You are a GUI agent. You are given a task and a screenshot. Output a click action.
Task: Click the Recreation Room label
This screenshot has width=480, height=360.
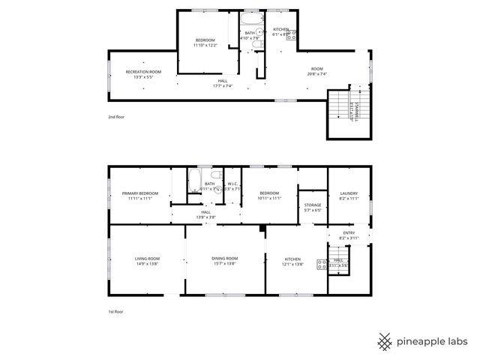click(x=139, y=71)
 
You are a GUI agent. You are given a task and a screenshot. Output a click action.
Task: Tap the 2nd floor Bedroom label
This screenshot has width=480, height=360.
click(x=205, y=40)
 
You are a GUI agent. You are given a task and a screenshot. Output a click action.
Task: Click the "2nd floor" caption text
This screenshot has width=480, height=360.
click(x=116, y=118)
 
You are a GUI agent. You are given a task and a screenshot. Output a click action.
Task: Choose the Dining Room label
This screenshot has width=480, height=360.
click(x=225, y=258)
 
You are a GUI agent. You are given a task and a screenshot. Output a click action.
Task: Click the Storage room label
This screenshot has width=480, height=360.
click(x=313, y=205)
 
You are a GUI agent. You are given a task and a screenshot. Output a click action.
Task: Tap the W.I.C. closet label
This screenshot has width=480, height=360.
click(x=232, y=184)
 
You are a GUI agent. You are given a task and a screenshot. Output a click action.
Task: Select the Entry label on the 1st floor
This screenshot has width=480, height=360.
click(x=349, y=233)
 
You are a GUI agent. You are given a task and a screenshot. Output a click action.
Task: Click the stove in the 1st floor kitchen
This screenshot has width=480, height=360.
click(x=322, y=264)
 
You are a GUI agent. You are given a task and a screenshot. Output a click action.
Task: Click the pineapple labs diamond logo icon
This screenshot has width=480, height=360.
click(x=385, y=340)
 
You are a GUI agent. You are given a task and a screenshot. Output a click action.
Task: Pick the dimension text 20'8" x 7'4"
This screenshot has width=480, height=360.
click(x=317, y=74)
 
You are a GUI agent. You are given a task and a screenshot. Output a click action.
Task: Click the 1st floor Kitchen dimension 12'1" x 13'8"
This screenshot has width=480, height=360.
click(x=292, y=263)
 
